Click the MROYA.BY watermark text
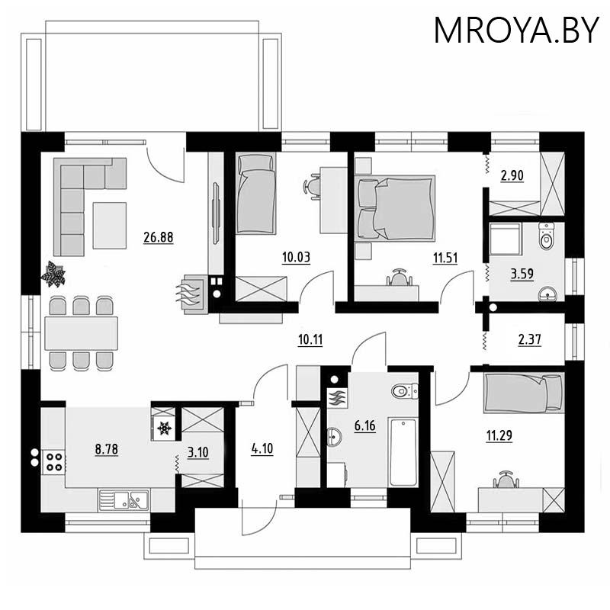click(516, 30)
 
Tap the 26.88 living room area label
click(159, 237)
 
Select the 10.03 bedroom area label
click(296, 258)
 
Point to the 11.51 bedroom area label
click(445, 258)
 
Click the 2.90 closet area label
click(512, 176)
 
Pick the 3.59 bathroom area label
click(522, 274)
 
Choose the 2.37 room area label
click(529, 339)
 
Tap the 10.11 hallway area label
click(310, 339)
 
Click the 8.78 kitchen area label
click(106, 449)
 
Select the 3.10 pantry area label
click(198, 452)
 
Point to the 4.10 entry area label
click(262, 449)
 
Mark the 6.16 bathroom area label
click(365, 426)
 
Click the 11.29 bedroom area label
click(499, 436)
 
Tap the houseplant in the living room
click(53, 274)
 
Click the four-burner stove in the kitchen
click(53, 462)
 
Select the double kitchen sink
click(124, 500)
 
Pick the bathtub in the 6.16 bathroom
click(403, 452)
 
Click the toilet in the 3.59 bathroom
click(546, 236)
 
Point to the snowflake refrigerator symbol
click(164, 429)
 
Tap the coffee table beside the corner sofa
click(109, 225)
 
